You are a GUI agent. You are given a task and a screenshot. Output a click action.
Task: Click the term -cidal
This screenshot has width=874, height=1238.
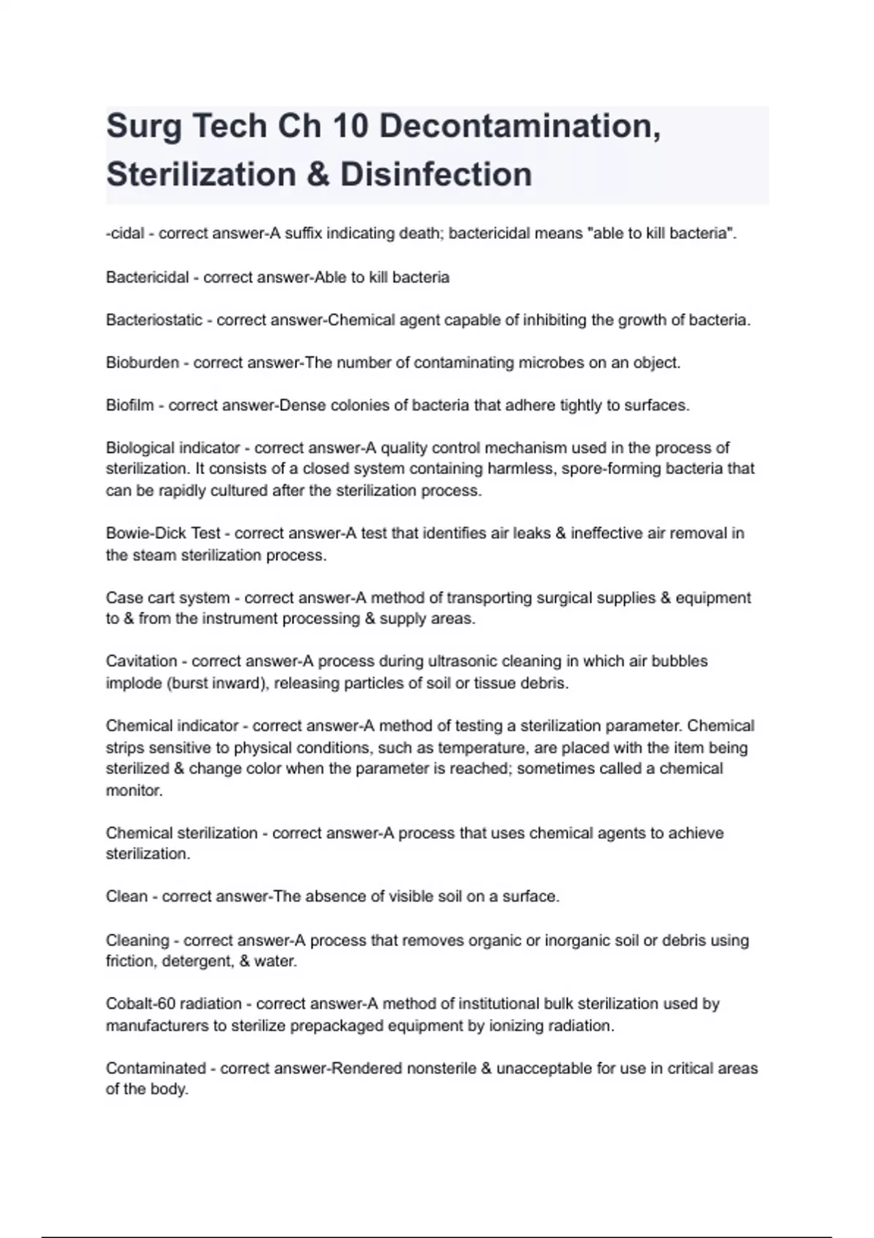tap(125, 234)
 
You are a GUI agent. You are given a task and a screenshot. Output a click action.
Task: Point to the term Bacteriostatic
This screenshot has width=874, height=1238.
tap(154, 320)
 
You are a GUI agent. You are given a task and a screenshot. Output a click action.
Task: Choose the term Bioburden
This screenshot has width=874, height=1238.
tap(142, 363)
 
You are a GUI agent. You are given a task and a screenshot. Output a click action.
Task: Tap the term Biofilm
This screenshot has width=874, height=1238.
tap(130, 405)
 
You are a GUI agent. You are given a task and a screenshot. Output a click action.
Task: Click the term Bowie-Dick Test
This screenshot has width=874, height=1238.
tap(163, 533)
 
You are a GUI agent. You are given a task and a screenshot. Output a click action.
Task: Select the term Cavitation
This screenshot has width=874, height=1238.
tap(141, 661)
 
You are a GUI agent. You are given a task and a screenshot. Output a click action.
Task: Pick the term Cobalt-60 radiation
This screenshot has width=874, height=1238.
tap(173, 1004)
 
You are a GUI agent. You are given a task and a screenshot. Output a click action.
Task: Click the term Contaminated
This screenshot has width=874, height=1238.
tap(155, 1068)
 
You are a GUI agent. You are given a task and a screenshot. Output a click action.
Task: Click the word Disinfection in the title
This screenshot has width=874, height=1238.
tap(436, 175)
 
